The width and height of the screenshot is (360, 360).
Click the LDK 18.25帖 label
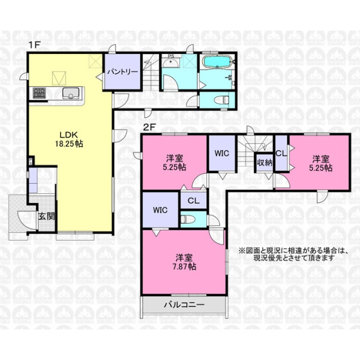point(69,139)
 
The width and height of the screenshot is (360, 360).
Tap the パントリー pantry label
point(123,72)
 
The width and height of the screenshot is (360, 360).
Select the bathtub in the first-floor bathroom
point(217,62)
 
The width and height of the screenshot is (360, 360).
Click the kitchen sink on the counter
point(71,93)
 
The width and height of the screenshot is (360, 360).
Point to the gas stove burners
point(38,93)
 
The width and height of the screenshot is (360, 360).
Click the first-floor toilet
point(221,100)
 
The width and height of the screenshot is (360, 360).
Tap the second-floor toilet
point(188,220)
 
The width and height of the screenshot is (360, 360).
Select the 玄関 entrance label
point(47,217)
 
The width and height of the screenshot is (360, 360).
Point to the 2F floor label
point(149,127)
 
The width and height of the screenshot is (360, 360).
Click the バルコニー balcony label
point(184,305)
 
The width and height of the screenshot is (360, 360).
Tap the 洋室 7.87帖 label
point(184,262)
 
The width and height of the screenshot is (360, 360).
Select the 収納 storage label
point(265,163)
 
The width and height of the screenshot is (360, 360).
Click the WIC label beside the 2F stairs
point(222,153)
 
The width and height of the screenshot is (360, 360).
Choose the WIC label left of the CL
point(160,210)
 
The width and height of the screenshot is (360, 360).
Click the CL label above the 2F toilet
point(194,200)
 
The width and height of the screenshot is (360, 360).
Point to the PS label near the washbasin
point(171,56)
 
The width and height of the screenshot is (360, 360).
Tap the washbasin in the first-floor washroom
point(170,62)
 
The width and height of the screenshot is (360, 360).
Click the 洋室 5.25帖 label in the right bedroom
point(320,163)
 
